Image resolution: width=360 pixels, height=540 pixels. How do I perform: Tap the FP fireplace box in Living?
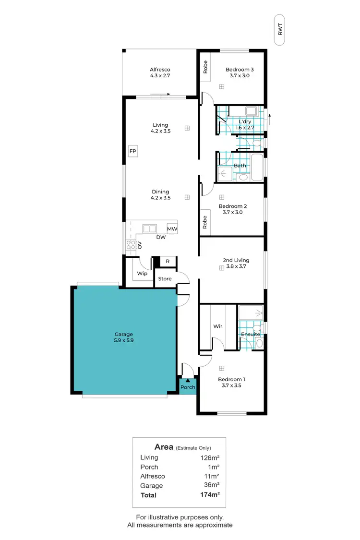tap(133, 151)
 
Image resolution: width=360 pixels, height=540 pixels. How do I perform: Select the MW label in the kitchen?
tap(172, 229)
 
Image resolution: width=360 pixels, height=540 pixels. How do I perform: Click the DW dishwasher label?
tap(161, 237)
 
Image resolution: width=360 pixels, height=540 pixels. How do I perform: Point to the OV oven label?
tap(140, 245)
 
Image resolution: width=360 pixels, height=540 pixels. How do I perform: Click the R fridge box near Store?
tap(167, 262)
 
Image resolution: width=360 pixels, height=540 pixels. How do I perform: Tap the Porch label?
tap(188, 387)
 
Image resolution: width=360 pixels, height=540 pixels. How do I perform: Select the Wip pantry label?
tap(142, 274)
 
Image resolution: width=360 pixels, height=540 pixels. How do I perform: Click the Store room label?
tap(165, 278)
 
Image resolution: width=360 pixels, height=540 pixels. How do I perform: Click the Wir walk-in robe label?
tap(217, 326)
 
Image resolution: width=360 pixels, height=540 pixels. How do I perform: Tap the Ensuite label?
tap(251, 334)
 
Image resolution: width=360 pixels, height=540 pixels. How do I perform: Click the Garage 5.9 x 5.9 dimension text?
tap(123, 340)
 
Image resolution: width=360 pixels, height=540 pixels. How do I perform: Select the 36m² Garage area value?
tap(211, 485)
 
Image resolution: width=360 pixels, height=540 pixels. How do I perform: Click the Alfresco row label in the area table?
tap(153, 476)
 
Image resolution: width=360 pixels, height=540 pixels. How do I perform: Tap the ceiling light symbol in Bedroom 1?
tap(222, 368)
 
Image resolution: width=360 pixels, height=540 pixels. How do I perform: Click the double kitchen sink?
tap(150, 229)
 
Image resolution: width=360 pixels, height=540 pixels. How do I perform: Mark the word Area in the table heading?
tap(164, 446)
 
